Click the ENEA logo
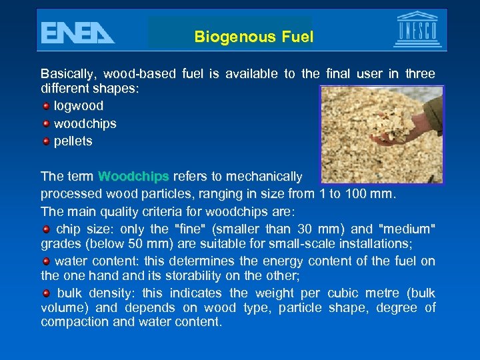pyautogui.click(x=77, y=31)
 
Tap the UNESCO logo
pyautogui.click(x=417, y=31)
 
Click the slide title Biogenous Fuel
pyautogui.click(x=253, y=37)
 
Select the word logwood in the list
pyautogui.click(x=79, y=106)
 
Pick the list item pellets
pyautogui.click(x=73, y=141)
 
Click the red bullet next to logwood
pyautogui.click(x=46, y=106)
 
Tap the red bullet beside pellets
pyautogui.click(x=46, y=141)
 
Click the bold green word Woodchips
pyautogui.click(x=133, y=177)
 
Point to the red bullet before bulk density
pyautogui.click(x=46, y=293)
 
